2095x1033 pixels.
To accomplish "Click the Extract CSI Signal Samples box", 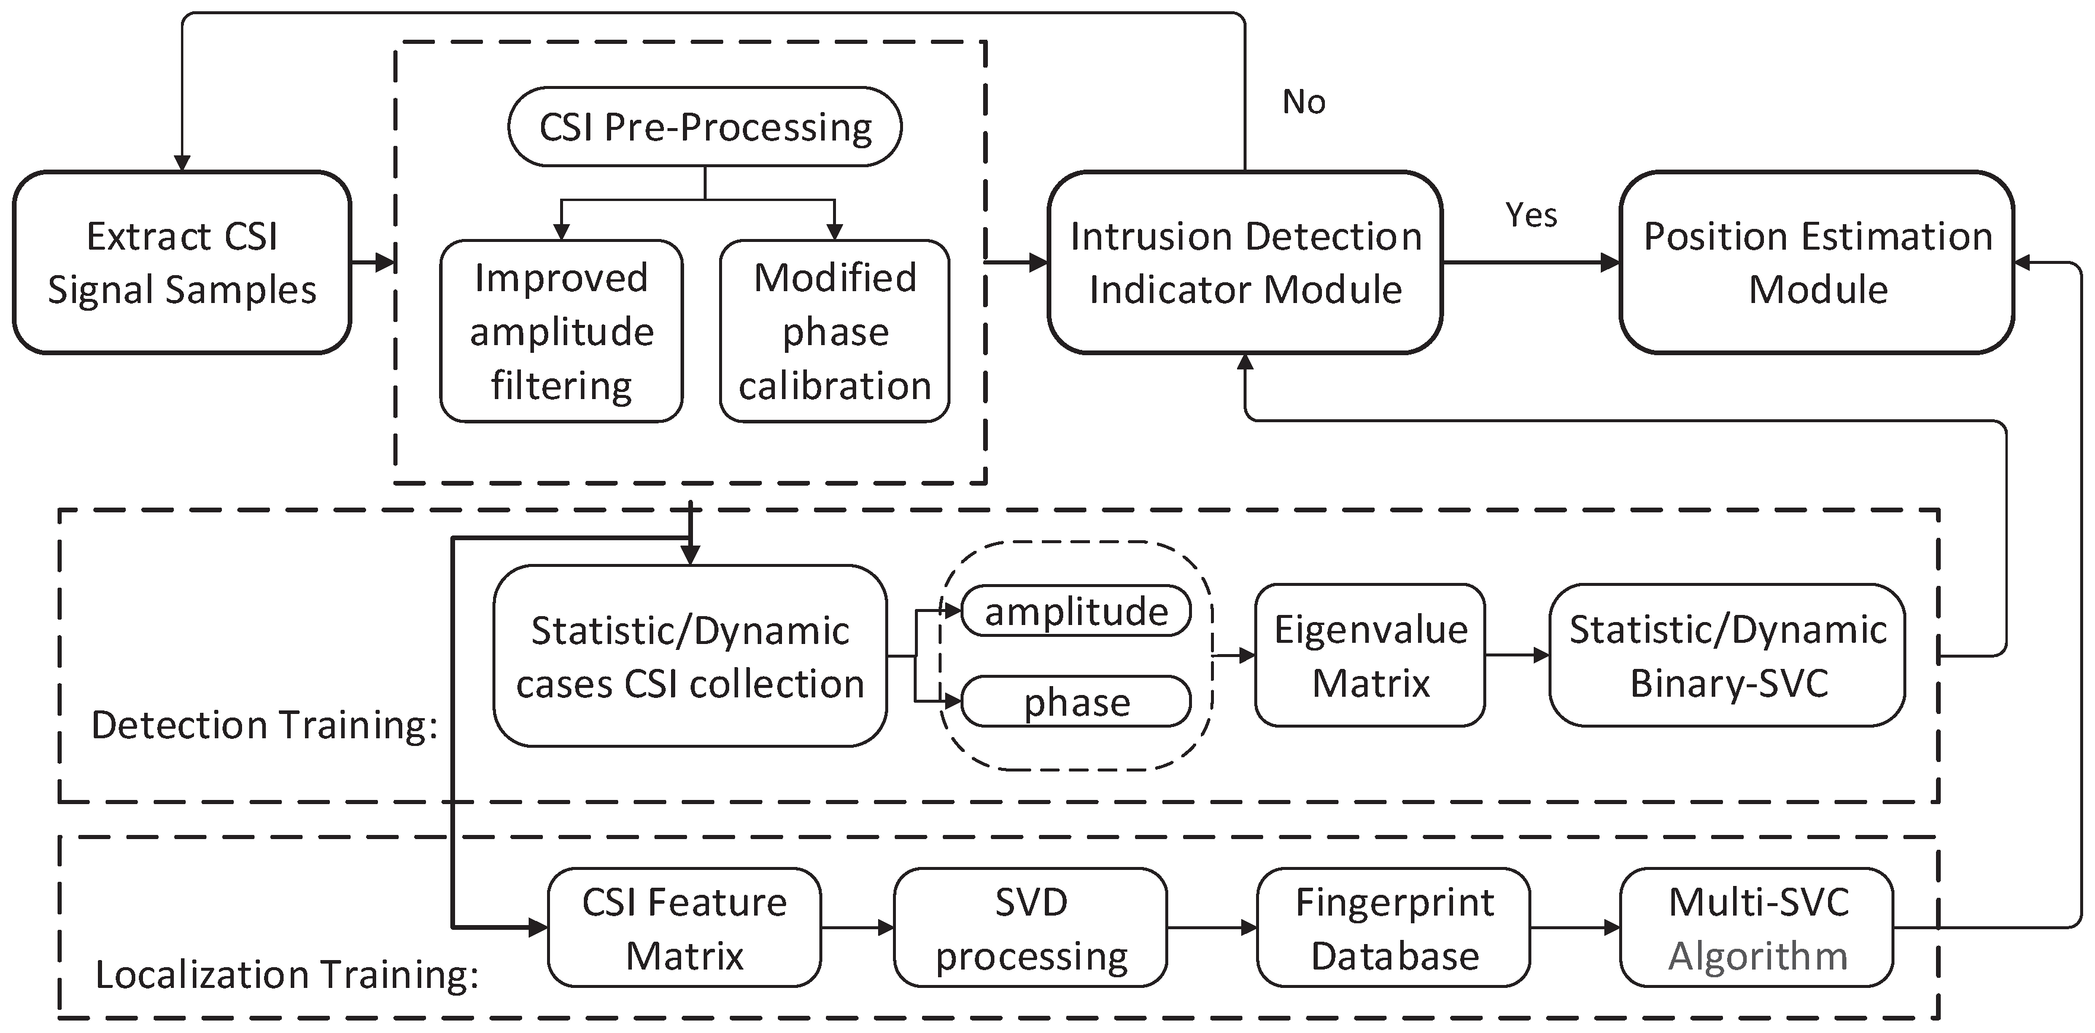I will coord(182,263).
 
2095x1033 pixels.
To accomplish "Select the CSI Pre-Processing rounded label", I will coord(704,127).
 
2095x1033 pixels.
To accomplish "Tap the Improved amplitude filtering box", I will coord(561,331).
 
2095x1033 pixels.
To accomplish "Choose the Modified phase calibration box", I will coord(834,331).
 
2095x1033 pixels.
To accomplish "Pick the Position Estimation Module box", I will coord(1817,263).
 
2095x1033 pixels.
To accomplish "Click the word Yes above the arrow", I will coord(1531,215).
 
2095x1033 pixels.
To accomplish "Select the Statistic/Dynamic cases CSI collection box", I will coord(689,656).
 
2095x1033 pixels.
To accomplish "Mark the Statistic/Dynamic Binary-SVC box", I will coord(1727,655).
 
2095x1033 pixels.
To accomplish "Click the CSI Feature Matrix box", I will coord(684,927).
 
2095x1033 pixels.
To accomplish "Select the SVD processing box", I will coord(1031,927).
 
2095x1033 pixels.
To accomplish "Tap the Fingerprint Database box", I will coord(1393,927).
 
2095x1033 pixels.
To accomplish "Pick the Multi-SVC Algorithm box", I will coord(1757,927).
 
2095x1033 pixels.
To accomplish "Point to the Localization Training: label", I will coord(286,974).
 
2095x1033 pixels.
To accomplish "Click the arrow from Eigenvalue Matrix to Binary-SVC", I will coord(1517,655).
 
